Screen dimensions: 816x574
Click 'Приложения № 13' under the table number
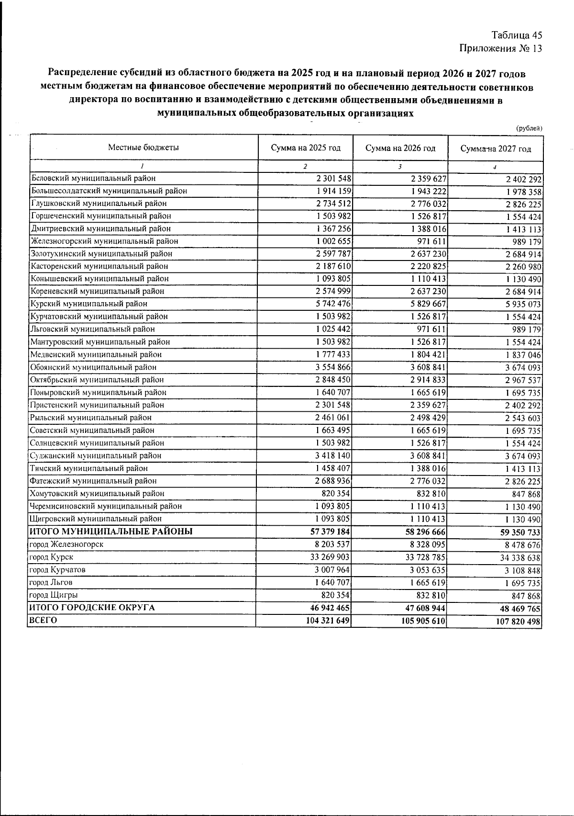point(500,48)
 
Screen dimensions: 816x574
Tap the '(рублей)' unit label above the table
point(529,128)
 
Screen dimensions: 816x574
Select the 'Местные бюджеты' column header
point(143,147)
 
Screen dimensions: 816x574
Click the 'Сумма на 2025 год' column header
point(306,148)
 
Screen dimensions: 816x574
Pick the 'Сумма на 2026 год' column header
point(400,148)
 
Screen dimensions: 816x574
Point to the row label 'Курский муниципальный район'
point(88,304)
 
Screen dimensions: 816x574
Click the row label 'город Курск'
point(51,557)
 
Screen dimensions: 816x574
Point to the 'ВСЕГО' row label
point(44,621)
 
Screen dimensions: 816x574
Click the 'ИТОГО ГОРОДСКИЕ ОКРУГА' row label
point(92,608)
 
